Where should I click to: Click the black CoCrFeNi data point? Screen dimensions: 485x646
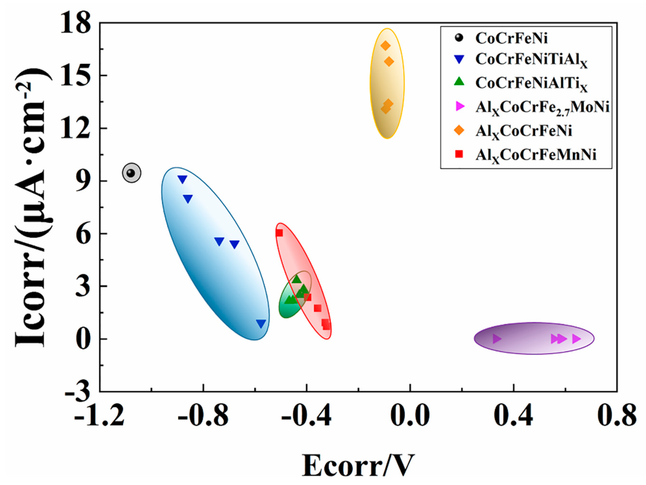[x=131, y=173]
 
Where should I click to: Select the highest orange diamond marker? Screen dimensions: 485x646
[x=385, y=46]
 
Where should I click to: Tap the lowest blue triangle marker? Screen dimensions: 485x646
[x=261, y=323]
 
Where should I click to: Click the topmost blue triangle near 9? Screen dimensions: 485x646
[x=183, y=179]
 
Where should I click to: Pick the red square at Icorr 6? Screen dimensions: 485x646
[x=279, y=233]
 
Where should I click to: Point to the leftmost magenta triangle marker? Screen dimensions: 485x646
[x=497, y=339]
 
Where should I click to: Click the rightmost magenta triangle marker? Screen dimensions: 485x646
[x=576, y=339]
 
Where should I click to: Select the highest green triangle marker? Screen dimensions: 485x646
[x=297, y=279]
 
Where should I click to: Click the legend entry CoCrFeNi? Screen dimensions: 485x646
[x=511, y=38]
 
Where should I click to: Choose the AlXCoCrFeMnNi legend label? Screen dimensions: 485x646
[x=536, y=155]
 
